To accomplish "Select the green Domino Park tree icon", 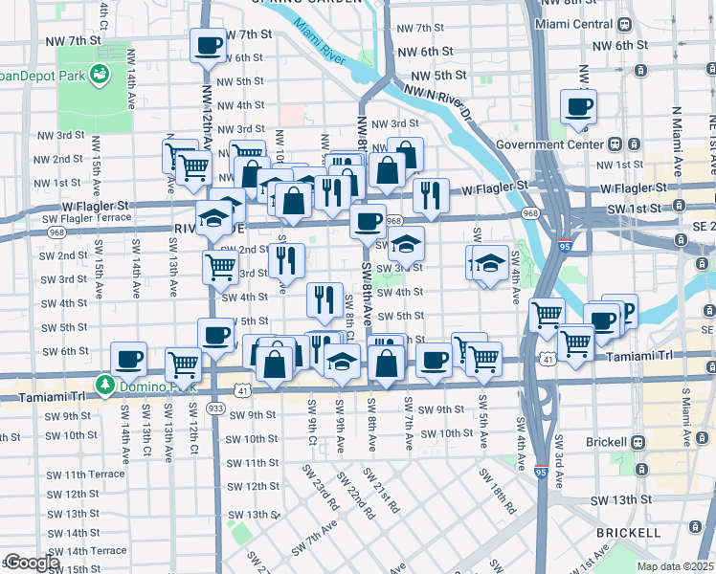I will click(x=104, y=385).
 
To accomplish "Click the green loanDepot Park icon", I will click(x=99, y=73).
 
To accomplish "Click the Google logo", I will click(x=32, y=563).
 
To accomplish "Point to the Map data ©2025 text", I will click(x=676, y=565).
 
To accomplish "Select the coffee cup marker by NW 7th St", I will click(x=209, y=44).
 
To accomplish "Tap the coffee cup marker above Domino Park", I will click(x=128, y=359).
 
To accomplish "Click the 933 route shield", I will click(x=216, y=408).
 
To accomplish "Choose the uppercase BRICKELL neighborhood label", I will click(x=627, y=532).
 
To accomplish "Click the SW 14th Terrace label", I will click(x=87, y=551).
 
